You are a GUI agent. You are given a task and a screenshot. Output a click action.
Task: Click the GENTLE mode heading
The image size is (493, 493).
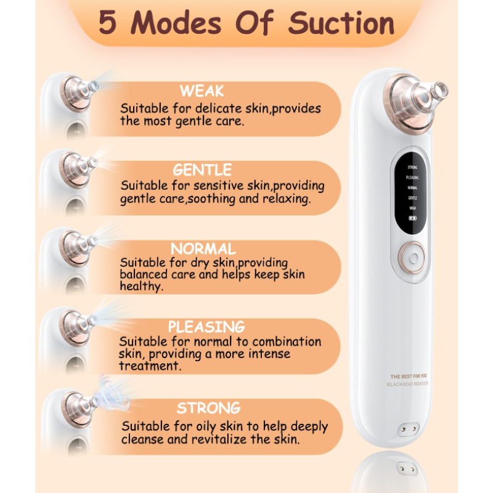tap(202, 169)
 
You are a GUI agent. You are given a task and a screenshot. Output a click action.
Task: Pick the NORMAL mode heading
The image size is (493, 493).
tap(203, 249)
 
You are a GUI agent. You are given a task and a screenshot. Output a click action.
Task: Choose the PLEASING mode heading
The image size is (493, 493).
tap(206, 327)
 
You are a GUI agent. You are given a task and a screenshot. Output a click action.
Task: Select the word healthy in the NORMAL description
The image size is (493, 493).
tap(141, 287)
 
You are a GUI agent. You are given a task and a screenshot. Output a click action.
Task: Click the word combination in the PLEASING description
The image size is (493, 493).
tap(287, 341)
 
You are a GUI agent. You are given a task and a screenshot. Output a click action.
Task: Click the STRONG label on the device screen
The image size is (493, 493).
tap(412, 166)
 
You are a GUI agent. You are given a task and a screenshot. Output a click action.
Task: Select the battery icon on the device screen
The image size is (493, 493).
tap(412, 218)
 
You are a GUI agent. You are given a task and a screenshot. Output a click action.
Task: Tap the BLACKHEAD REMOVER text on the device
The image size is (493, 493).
tap(407, 384)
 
